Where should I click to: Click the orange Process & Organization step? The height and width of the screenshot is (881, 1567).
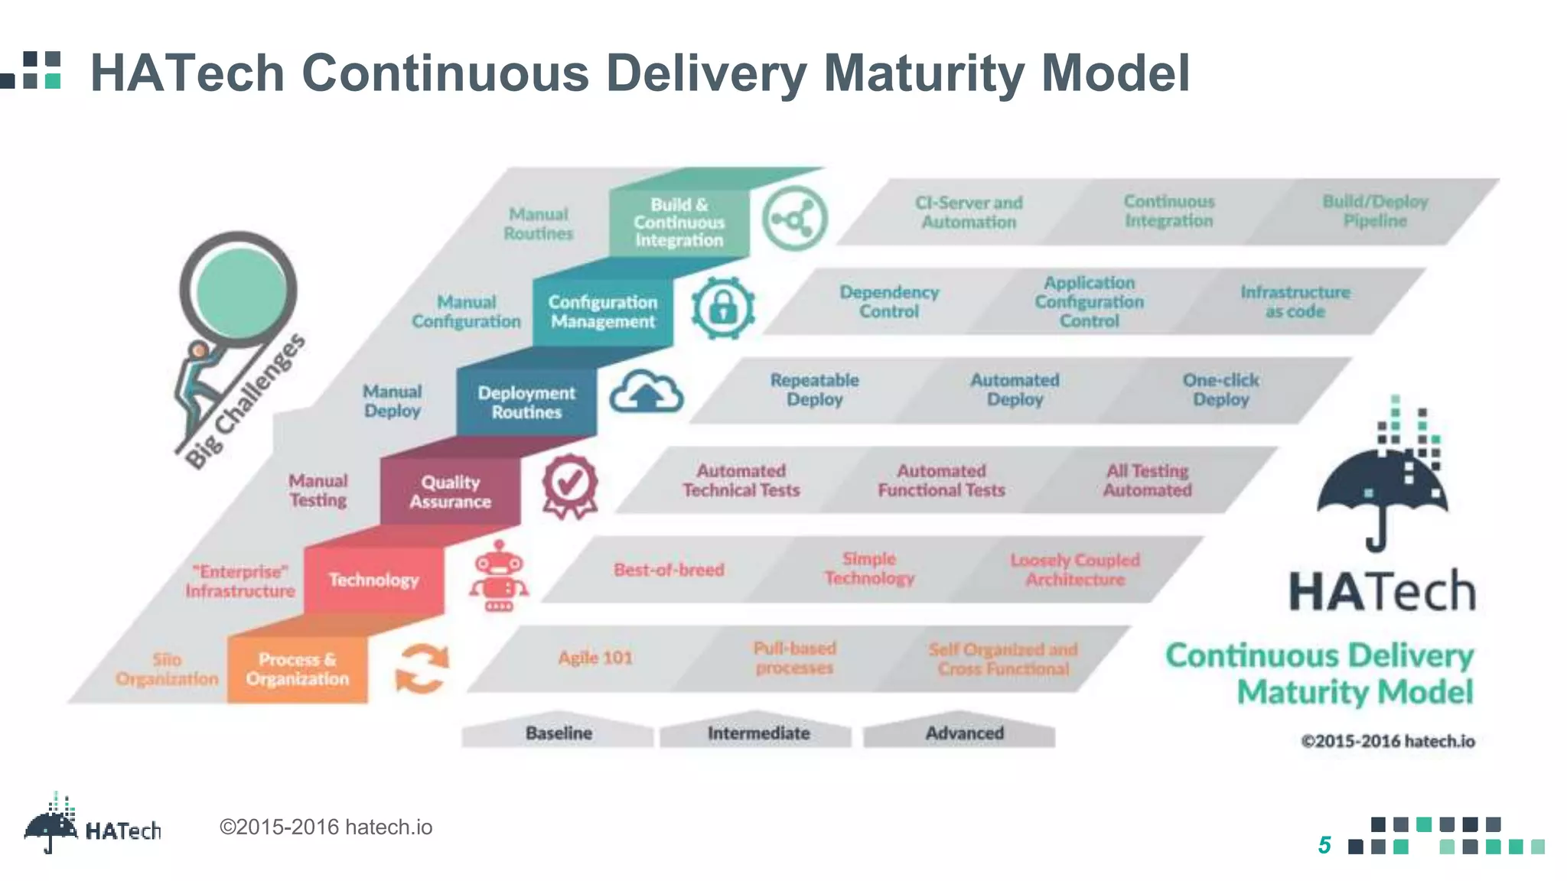pyautogui.click(x=297, y=669)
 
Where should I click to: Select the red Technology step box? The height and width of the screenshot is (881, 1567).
pyautogui.click(x=373, y=580)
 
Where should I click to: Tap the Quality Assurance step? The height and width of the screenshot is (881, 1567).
pyautogui.click(x=450, y=492)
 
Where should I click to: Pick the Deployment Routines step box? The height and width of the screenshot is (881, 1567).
pyautogui.click(x=526, y=402)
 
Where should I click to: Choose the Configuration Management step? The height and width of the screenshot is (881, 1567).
pyautogui.click(x=603, y=312)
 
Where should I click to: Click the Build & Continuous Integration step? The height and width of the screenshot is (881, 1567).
pyautogui.click(x=679, y=223)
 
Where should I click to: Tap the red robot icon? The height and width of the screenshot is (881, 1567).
pyautogui.click(x=499, y=577)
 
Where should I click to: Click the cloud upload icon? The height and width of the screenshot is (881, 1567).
pyautogui.click(x=647, y=392)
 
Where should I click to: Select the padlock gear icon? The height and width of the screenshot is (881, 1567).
pyautogui.click(x=723, y=307)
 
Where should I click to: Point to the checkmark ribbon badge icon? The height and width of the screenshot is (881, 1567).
pyautogui.click(x=569, y=486)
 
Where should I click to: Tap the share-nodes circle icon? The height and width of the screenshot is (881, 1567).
pyautogui.click(x=795, y=219)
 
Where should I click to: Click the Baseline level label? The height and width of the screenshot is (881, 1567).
pyautogui.click(x=559, y=733)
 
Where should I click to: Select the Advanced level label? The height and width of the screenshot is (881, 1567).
pyautogui.click(x=964, y=733)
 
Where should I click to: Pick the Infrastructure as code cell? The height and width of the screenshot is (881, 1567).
pyautogui.click(x=1295, y=301)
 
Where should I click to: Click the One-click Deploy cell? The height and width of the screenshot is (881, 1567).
pyautogui.click(x=1220, y=389)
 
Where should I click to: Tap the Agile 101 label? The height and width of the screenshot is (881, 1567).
pyautogui.click(x=595, y=658)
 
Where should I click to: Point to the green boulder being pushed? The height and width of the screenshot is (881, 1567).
pyautogui.click(x=240, y=290)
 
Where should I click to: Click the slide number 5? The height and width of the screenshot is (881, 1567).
pyautogui.click(x=1324, y=845)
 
